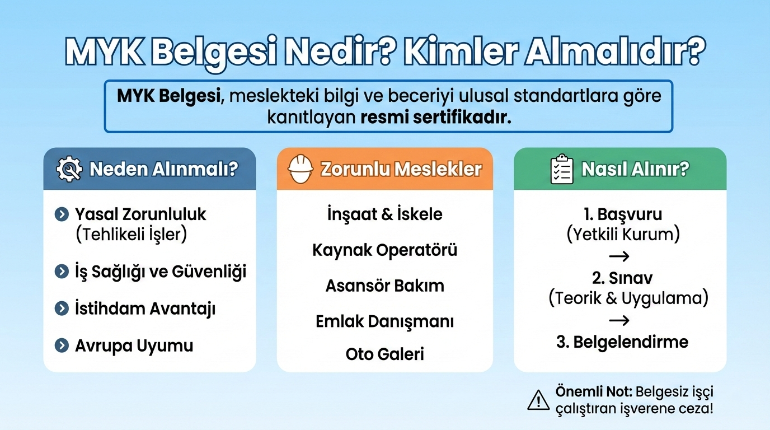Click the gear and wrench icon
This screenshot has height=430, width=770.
point(69,169)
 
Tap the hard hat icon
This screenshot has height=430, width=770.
point(301,169)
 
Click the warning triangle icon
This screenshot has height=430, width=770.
point(538,400)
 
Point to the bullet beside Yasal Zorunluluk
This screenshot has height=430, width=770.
point(61,214)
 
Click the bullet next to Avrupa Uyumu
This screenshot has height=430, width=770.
point(61,345)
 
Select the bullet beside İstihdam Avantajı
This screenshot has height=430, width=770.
point(61,309)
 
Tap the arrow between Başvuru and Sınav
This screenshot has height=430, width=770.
point(618,256)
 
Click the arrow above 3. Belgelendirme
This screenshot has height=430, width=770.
point(618,320)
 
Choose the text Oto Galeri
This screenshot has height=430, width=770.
point(384,354)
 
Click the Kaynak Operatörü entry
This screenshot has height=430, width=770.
point(384,250)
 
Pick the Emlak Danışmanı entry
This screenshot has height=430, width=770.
point(384,321)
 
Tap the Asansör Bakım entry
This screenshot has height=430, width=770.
point(384,286)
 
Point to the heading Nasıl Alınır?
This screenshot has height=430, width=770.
point(635,169)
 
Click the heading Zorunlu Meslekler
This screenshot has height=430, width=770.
point(401,169)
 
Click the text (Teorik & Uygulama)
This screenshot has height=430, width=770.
point(628,298)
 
